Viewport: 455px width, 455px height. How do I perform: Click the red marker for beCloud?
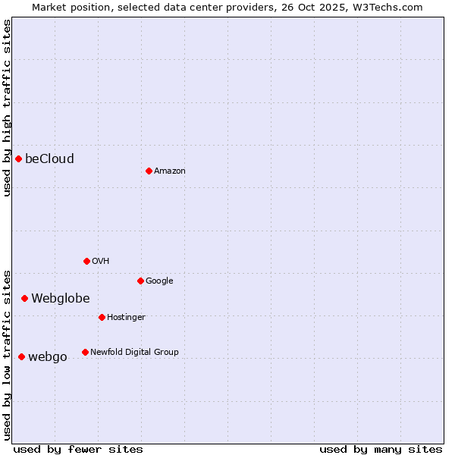pos(18,158)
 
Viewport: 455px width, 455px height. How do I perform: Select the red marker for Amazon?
pos(149,171)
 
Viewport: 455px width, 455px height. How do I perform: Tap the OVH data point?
pos(86,261)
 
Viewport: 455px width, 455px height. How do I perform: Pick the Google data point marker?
pos(140,281)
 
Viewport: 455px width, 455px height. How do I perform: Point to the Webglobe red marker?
pos(24,298)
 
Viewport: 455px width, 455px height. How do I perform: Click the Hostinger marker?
pos(102,317)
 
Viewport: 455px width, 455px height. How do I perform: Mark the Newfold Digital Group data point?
pos(85,352)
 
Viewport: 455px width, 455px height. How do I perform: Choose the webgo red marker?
pos(21,356)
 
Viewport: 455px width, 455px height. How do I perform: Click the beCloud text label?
pos(49,158)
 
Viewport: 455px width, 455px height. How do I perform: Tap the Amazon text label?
pos(170,171)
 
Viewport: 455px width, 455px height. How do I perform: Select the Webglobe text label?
pos(61,298)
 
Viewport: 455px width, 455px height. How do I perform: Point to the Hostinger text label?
pos(126,317)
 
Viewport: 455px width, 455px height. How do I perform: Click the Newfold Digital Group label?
pos(134,352)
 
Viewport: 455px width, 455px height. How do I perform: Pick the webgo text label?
pos(48,356)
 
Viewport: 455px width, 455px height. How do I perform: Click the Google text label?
pos(159,281)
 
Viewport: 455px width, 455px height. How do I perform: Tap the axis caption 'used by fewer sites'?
pos(78,449)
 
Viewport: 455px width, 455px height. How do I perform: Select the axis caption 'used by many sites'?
pos(381,449)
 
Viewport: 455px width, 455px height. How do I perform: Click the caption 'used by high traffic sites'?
pos(7,108)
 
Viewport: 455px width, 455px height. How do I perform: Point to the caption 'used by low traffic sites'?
pos(7,354)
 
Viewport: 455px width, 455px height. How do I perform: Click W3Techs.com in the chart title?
pos(388,7)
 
